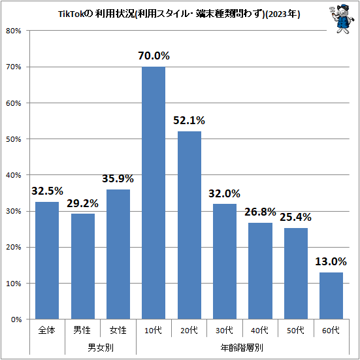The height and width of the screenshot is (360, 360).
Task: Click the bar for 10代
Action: point(154,193)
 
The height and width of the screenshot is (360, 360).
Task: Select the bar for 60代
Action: point(331,295)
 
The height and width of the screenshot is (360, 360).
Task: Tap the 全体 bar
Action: point(47,260)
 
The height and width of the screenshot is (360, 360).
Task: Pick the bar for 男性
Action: point(82,266)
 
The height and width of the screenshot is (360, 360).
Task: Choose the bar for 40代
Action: point(260,270)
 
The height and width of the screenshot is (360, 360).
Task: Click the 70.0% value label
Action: point(154,56)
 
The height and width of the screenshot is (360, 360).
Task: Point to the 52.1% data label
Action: point(189,120)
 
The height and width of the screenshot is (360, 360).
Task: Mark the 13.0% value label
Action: point(331,261)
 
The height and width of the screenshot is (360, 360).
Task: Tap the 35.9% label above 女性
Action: point(118,178)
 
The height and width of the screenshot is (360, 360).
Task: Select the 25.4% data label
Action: point(296,217)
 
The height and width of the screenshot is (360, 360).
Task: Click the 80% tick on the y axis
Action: point(14,31)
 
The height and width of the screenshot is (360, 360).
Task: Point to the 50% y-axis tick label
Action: point(14,139)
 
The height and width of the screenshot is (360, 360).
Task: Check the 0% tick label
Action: point(16,319)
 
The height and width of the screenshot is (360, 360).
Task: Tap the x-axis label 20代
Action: point(189,331)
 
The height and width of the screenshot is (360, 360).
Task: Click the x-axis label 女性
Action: point(118,331)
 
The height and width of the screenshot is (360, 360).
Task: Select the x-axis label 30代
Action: point(225,331)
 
